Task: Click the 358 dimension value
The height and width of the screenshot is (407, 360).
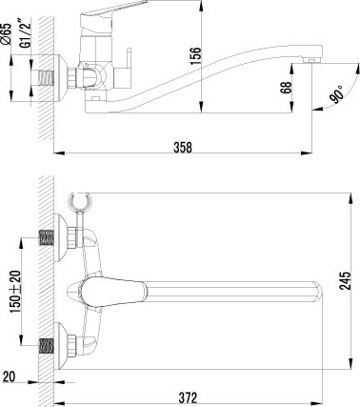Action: [183, 147]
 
